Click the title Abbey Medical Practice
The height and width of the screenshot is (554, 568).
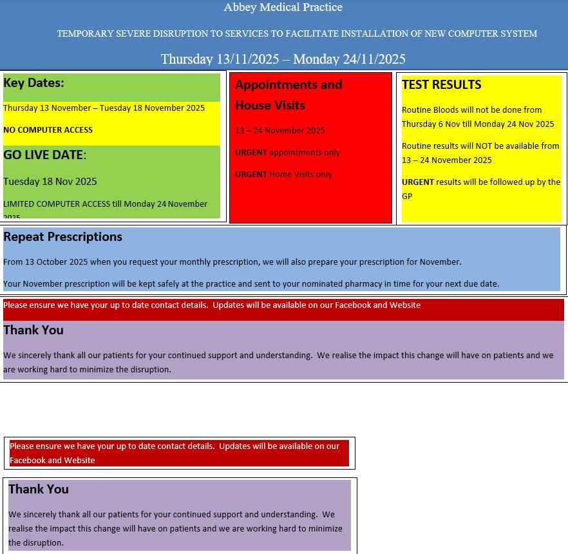click(283, 8)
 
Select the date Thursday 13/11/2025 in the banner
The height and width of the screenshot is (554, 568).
click(220, 59)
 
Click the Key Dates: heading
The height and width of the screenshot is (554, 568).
click(33, 83)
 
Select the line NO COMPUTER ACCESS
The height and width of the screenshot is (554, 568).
click(48, 130)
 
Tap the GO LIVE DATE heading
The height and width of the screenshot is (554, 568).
click(44, 155)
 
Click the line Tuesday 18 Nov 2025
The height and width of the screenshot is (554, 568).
click(50, 182)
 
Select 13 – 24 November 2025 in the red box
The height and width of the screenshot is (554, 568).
click(279, 131)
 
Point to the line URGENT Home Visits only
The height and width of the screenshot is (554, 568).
click(283, 175)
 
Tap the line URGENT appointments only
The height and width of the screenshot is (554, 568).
click(287, 153)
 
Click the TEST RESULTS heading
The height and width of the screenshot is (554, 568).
click(441, 85)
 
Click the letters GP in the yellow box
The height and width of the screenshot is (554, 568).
click(407, 196)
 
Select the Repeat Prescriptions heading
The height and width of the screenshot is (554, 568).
click(62, 237)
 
